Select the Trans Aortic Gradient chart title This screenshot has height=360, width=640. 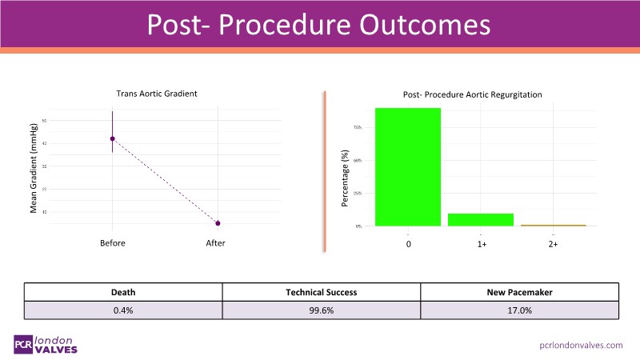157,94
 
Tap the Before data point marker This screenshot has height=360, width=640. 113,138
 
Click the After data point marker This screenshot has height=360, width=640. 218,223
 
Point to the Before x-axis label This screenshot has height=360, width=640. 112,243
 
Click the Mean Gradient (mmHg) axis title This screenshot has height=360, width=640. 34,168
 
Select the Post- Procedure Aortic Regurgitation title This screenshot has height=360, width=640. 472,94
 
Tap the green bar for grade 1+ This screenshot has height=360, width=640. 481,219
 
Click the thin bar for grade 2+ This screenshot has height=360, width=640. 553,226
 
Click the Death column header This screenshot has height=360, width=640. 122,292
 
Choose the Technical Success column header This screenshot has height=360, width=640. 321,292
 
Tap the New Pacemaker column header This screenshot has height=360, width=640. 519,292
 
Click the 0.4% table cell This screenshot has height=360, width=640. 122,310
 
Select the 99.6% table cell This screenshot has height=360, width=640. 321,310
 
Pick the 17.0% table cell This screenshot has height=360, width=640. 519,310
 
